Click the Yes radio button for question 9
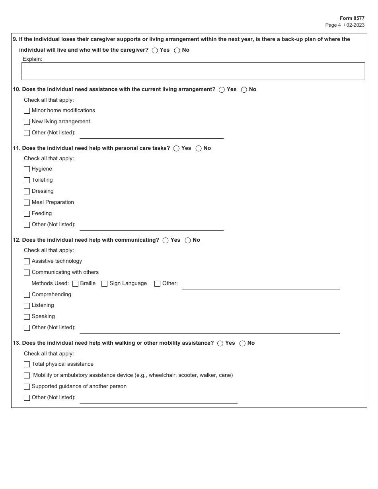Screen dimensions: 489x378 point(155,50)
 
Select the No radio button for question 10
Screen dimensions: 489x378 point(244,90)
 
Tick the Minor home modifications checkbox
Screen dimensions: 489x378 point(27,111)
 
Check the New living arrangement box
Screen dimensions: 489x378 point(27,122)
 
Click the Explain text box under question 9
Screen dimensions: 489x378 point(193,72)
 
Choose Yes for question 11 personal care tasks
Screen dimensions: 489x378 point(176,149)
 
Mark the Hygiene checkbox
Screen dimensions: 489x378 point(27,169)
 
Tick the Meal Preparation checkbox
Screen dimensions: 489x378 point(27,203)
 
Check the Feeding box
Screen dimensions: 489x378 point(27,214)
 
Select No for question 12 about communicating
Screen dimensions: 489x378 point(187,241)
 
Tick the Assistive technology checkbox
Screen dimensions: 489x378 point(27,262)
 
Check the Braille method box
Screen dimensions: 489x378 point(76,284)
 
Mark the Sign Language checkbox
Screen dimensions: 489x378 point(105,284)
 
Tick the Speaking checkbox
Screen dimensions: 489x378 point(27,317)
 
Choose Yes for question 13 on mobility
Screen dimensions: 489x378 point(220,343)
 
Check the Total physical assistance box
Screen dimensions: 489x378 point(27,365)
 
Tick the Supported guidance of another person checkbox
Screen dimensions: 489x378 point(27,387)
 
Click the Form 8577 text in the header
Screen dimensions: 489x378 point(352,18)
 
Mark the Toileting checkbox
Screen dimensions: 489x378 point(27,180)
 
